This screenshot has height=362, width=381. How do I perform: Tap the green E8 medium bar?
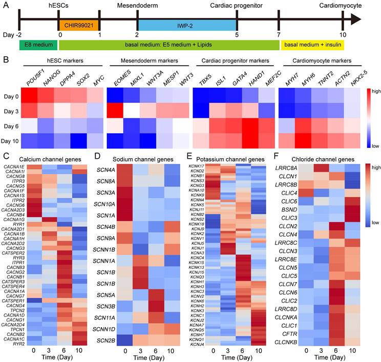(x=38, y=46)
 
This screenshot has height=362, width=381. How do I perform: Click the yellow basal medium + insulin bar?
(x=312, y=46)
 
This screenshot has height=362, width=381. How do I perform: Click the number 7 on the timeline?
(x=279, y=35)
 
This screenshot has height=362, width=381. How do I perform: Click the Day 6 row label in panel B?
(x=13, y=125)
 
